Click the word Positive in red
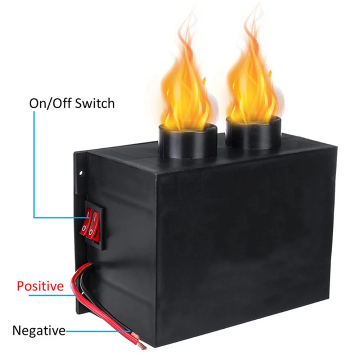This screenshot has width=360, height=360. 40,287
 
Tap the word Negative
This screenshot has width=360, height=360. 39,330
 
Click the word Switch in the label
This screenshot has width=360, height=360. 95,103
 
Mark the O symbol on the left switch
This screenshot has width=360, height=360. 84,228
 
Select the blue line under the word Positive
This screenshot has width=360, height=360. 50,296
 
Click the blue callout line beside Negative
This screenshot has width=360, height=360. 97,330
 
